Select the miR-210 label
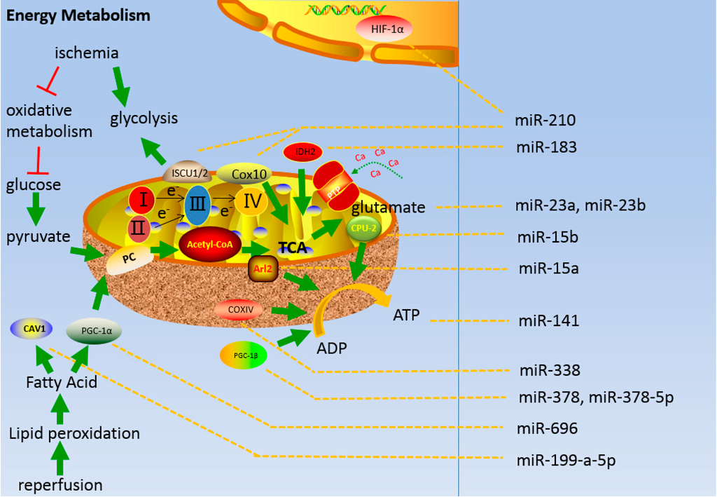click(547, 121)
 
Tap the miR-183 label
click(547, 147)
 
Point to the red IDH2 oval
click(302, 151)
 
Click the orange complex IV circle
click(252, 203)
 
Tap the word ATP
click(405, 315)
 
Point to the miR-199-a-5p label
click(568, 461)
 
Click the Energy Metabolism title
click(69, 15)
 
